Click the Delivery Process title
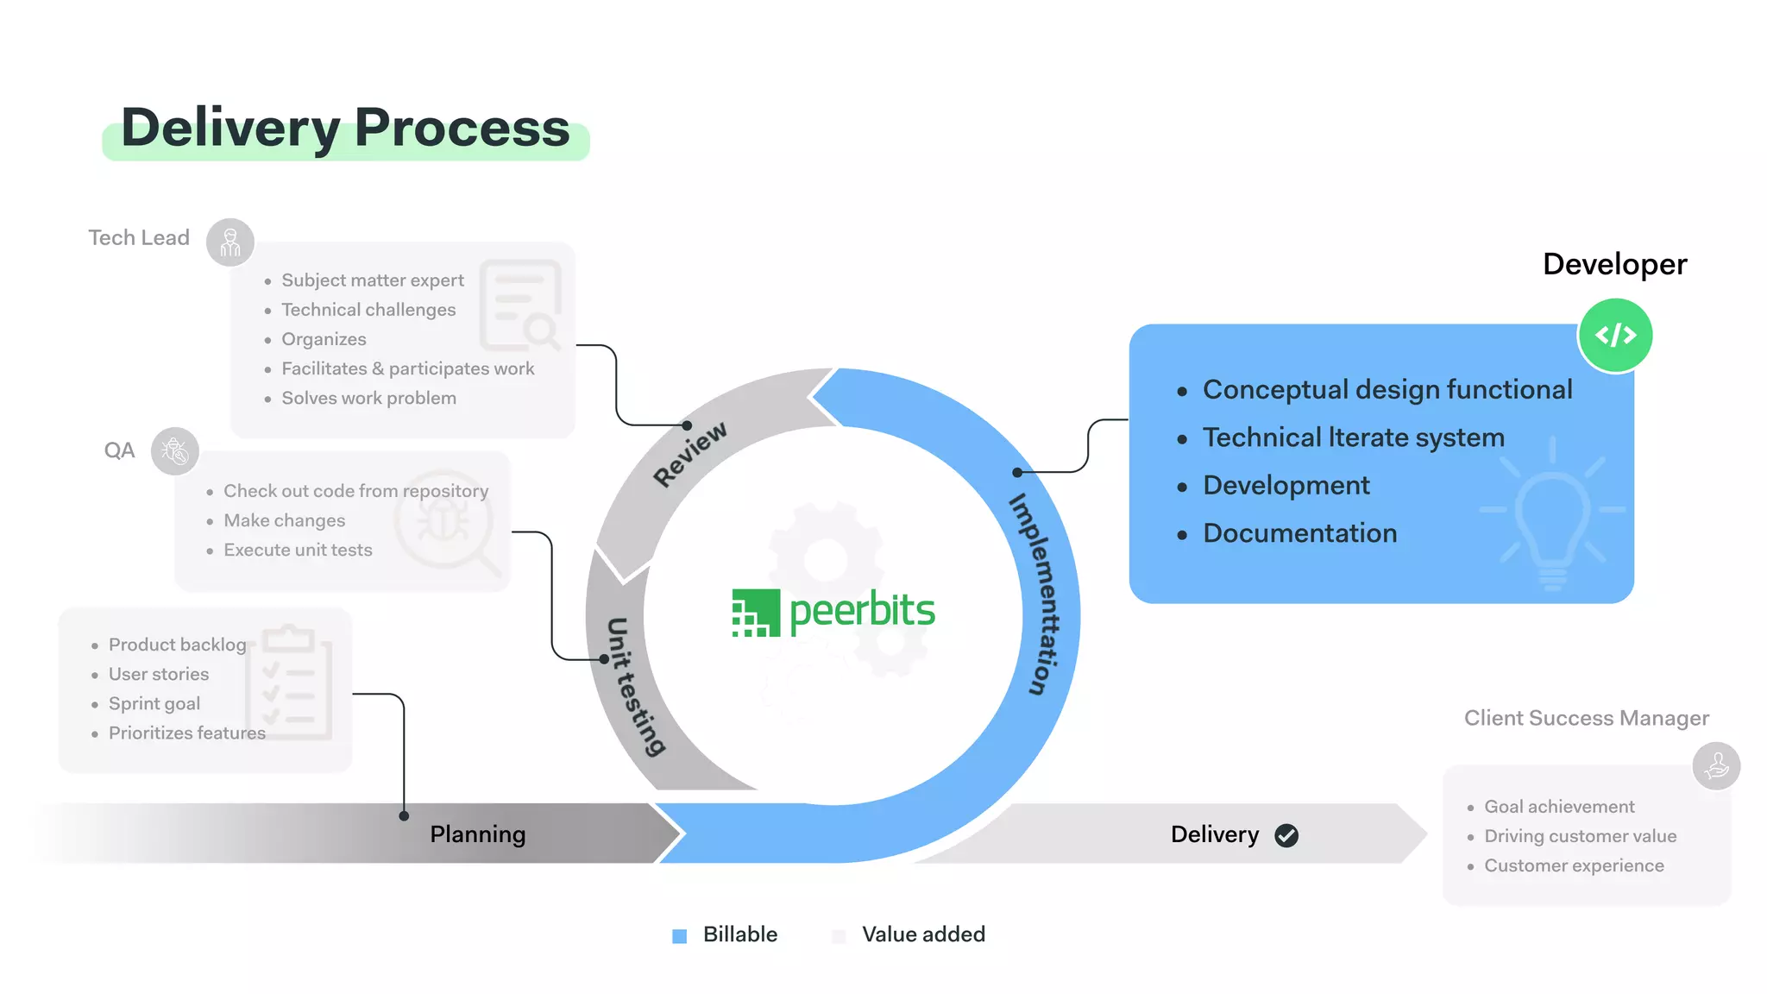345,128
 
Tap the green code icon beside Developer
1615,335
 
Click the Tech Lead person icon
230,242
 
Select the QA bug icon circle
175,450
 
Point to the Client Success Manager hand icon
1716,765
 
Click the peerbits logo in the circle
833,612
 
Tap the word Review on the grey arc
689,454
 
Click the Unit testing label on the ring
635,686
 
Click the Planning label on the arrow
477,834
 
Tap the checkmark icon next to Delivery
1286,835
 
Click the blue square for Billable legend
680,936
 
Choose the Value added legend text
923,934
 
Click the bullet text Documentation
1299,533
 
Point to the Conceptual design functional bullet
1387,389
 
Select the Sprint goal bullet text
154,703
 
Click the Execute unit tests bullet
298,550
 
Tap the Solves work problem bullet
368,398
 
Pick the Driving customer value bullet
1580,836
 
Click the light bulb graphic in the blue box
1552,518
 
